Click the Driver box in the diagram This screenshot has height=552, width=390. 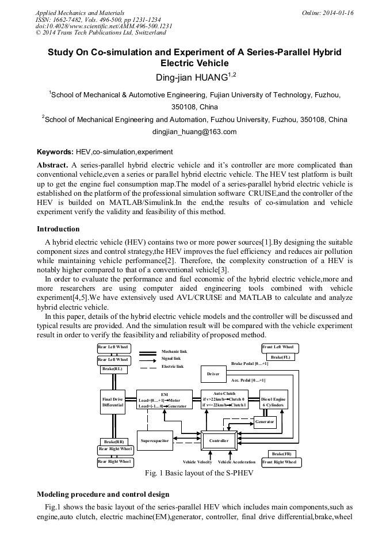coord(213,374)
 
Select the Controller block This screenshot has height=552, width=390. coord(219,440)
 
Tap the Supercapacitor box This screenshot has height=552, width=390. coord(154,440)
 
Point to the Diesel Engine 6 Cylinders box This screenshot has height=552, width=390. coord(273,402)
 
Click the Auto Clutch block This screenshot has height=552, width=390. coord(224,399)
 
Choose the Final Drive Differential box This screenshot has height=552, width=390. coord(113,402)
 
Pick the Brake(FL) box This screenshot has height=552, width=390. coord(281,357)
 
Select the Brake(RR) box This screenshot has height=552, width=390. coord(113,441)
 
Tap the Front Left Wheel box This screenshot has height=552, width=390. coord(280,348)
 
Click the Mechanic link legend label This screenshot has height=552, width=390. coord(174,351)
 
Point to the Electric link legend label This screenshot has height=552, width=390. coord(173,366)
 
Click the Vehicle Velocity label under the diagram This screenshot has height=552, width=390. coord(197,462)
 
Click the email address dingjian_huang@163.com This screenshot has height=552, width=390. coord(194,132)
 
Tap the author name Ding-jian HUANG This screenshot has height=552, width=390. coord(190,77)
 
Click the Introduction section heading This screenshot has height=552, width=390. coord(58,229)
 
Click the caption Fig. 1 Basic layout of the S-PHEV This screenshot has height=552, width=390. coord(194,475)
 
